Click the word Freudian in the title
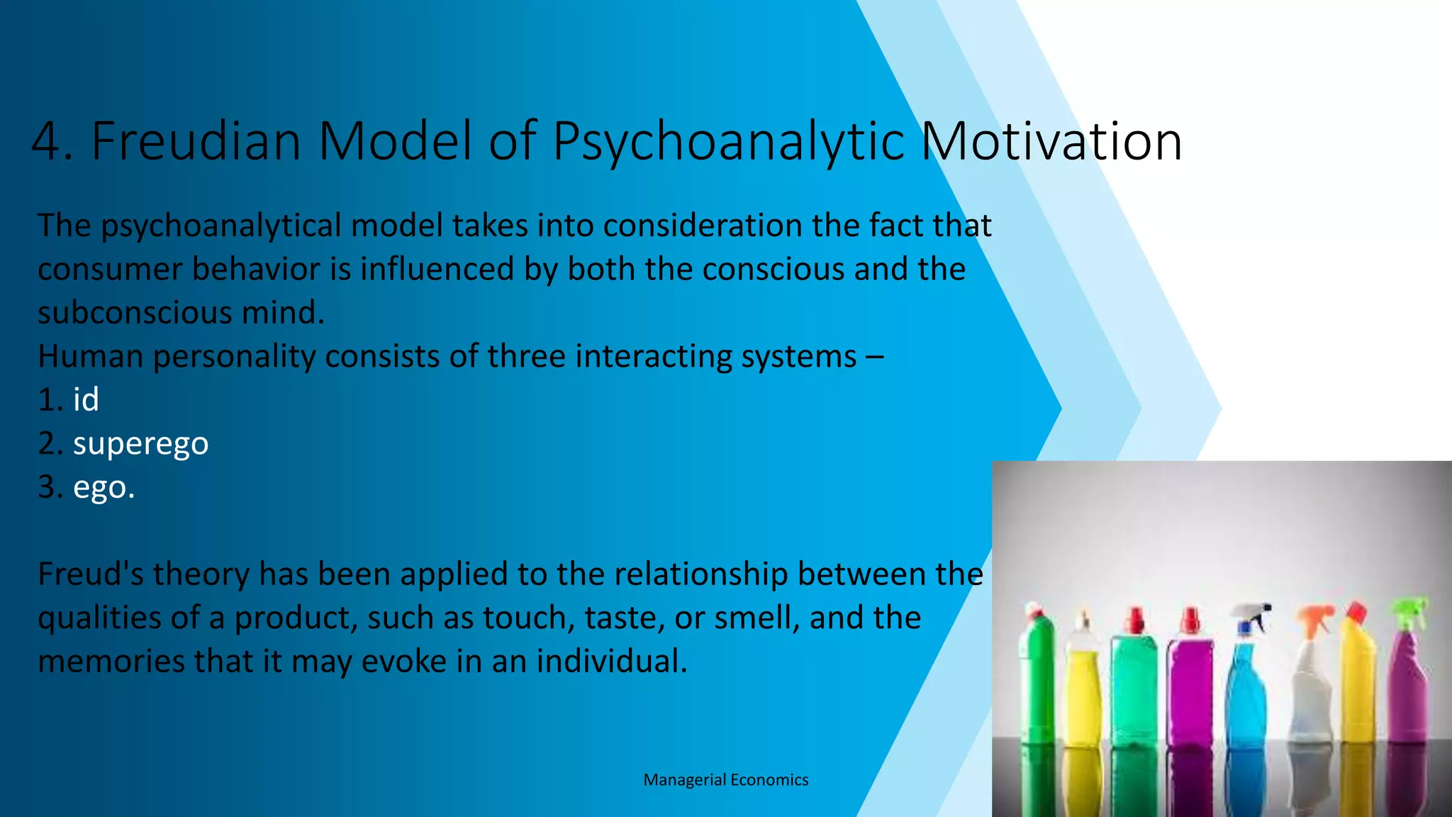pyautogui.click(x=196, y=141)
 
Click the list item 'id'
pyautogui.click(x=86, y=400)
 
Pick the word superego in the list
pyautogui.click(x=140, y=444)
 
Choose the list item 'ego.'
pyautogui.click(x=104, y=488)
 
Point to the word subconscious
pyautogui.click(x=135, y=313)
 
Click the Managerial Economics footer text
pyautogui.click(x=725, y=780)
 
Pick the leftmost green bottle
pyautogui.click(x=1037, y=674)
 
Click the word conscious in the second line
pyautogui.click(x=773, y=269)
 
